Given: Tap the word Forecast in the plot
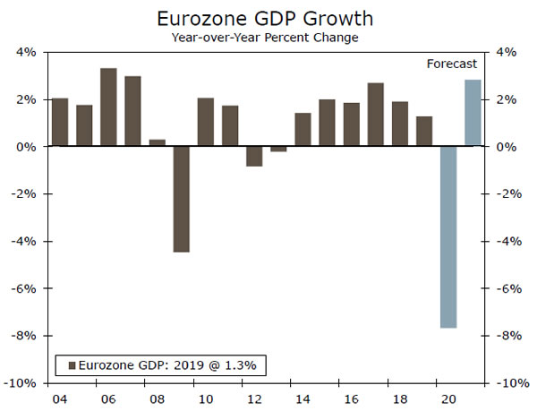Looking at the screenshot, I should click(x=451, y=64).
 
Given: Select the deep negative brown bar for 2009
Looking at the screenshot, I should click(x=181, y=199).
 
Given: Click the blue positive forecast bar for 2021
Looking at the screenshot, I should click(x=473, y=113).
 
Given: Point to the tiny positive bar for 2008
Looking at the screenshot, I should click(x=157, y=143).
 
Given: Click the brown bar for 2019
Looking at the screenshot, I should click(x=424, y=131).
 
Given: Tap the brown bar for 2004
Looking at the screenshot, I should click(x=60, y=122).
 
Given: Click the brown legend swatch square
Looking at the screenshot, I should click(x=71, y=364).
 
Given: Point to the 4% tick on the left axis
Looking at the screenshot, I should click(x=25, y=52).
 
